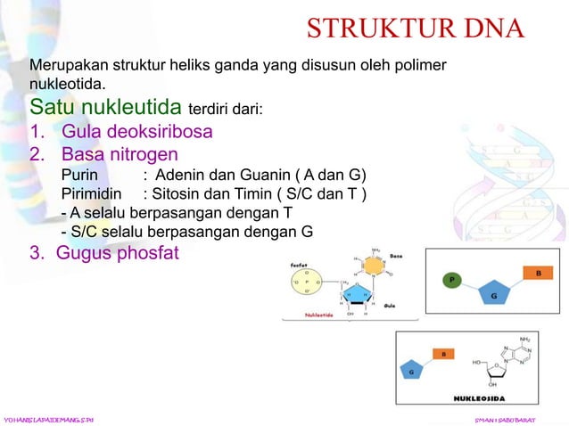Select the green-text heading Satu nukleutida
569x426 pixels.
point(105,109)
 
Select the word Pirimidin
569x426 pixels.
point(93,194)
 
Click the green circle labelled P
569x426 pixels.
point(452,280)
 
